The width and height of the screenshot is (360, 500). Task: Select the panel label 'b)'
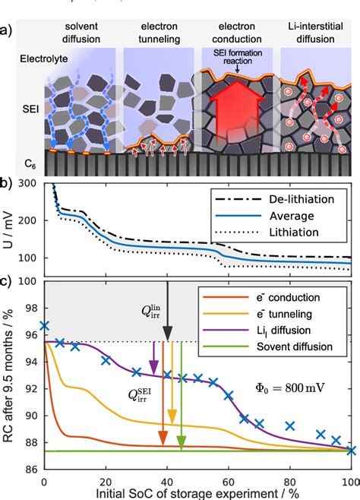[8, 184]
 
